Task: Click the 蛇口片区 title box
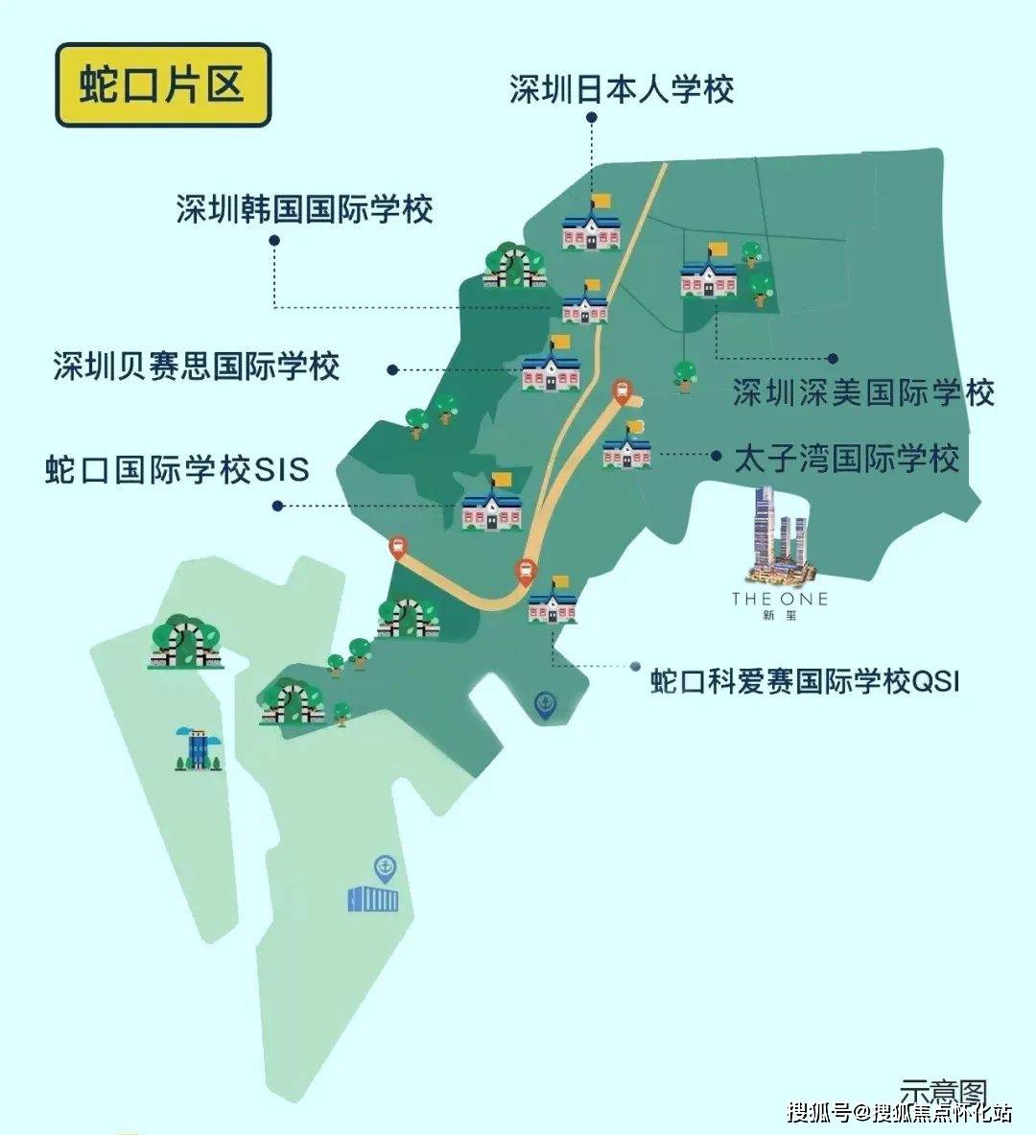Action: click(x=163, y=84)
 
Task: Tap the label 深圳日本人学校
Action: click(x=622, y=89)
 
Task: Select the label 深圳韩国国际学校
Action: click(x=304, y=210)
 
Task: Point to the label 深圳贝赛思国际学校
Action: click(x=197, y=367)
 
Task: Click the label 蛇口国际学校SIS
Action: click(x=177, y=470)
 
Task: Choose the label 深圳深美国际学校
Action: click(x=863, y=392)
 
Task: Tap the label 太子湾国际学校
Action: click(x=846, y=458)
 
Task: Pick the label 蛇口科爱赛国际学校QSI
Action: click(x=805, y=681)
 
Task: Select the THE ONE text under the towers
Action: click(x=779, y=599)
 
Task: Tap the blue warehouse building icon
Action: click(x=372, y=899)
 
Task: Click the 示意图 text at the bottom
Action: click(x=943, y=1092)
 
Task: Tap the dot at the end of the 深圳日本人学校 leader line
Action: click(x=592, y=118)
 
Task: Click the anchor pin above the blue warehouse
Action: click(x=385, y=868)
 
